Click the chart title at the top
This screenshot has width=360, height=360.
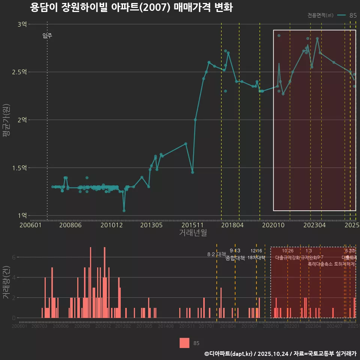click(x=131, y=8)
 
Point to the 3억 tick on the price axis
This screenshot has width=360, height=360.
click(x=22, y=24)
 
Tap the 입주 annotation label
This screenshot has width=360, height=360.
click(x=47, y=36)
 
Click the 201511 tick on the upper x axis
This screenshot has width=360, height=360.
click(x=192, y=225)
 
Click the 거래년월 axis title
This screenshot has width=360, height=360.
click(x=193, y=233)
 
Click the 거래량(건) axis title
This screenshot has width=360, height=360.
click(x=6, y=282)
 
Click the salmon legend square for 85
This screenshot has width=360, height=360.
click(x=184, y=343)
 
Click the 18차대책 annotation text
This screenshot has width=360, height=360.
click(x=256, y=258)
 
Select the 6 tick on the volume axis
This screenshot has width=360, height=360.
click(x=14, y=257)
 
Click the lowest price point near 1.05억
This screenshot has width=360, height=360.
click(x=124, y=210)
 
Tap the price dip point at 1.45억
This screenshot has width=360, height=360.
click(x=192, y=172)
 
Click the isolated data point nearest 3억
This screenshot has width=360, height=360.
click(x=279, y=36)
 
